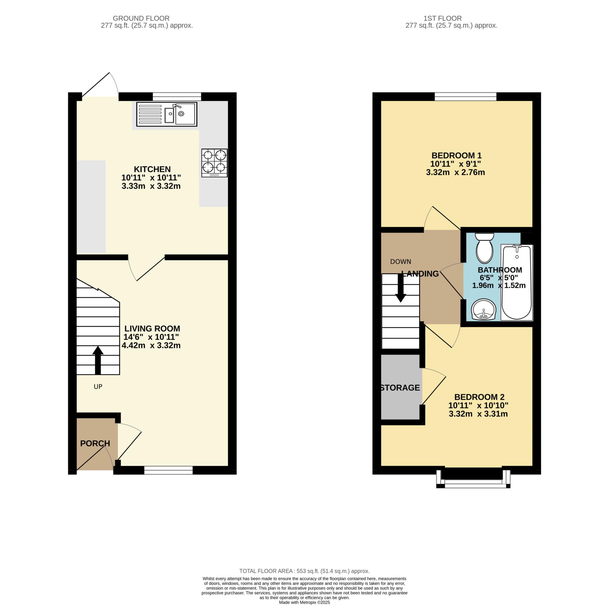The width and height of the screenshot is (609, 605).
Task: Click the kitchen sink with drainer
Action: pyautogui.click(x=167, y=114)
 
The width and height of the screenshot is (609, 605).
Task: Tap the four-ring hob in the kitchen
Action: pyautogui.click(x=214, y=163)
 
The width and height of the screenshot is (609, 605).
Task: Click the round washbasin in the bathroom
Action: pyautogui.click(x=484, y=309)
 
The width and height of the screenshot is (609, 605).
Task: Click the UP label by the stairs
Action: pyautogui.click(x=98, y=386)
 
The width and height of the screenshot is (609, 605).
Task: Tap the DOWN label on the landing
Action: pyautogui.click(x=401, y=262)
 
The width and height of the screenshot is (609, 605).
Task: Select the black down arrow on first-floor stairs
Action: pyautogui.click(x=401, y=288)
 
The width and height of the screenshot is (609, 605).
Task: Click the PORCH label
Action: pyautogui.click(x=95, y=443)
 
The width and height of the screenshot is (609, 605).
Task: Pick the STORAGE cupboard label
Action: pyautogui.click(x=400, y=388)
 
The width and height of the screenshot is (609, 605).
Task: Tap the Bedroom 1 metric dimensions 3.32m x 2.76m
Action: pyautogui.click(x=455, y=172)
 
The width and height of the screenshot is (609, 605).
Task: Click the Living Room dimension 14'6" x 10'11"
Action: pyautogui.click(x=151, y=337)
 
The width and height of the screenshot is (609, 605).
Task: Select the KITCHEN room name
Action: pyautogui.click(x=152, y=169)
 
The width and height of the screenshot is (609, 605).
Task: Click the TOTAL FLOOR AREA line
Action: pyautogui.click(x=304, y=571)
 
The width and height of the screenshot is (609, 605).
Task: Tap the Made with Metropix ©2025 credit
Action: pyautogui.click(x=304, y=602)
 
